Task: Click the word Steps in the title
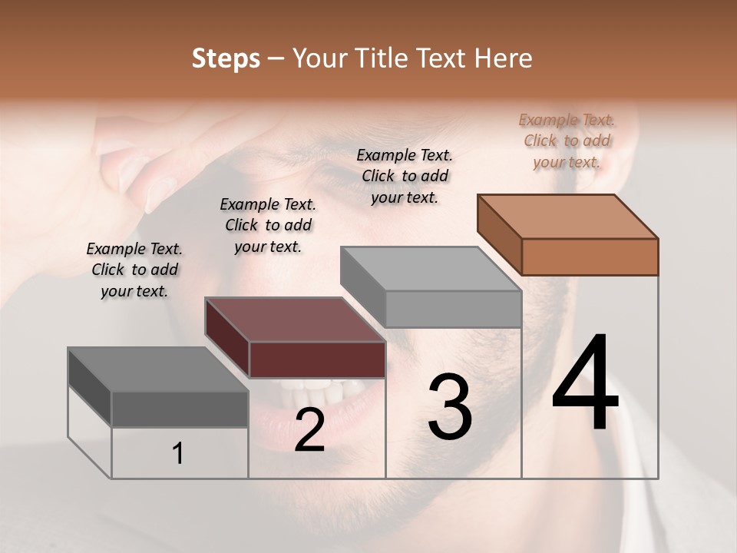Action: click(226, 58)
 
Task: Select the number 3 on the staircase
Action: click(450, 407)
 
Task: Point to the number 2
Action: click(309, 430)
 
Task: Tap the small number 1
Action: click(178, 454)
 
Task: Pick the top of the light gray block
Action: click(431, 269)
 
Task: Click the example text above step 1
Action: click(134, 270)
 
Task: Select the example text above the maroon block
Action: click(268, 225)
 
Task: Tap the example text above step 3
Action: click(405, 176)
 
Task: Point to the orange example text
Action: click(567, 141)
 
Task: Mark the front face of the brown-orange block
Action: click(590, 257)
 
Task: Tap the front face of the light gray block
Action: click(453, 309)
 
